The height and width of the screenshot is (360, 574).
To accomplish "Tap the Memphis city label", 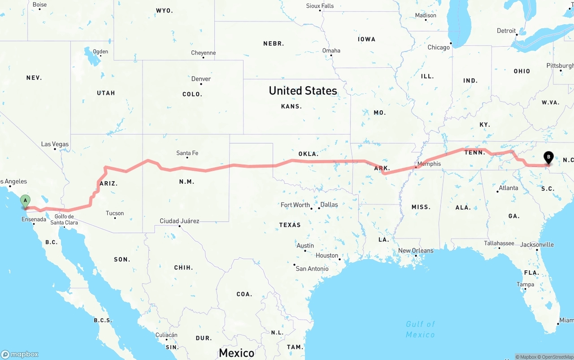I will (x=429, y=164).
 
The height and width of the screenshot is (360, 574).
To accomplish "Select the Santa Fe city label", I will (x=187, y=153).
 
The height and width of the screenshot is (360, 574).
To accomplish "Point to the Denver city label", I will (x=201, y=79).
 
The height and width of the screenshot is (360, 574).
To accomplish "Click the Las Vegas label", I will (x=55, y=144).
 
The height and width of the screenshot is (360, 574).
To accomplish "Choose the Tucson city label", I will (x=115, y=213).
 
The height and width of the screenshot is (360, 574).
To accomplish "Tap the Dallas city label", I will (x=329, y=204).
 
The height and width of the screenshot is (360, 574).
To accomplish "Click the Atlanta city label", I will (x=509, y=188).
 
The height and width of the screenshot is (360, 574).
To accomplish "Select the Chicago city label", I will (x=438, y=48).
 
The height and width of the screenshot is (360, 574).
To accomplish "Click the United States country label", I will (x=303, y=91).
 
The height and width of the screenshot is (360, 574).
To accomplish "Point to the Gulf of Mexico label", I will (x=420, y=329).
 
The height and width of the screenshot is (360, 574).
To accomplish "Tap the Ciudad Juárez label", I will (x=179, y=221).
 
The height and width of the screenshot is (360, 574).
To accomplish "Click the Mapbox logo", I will (x=20, y=354).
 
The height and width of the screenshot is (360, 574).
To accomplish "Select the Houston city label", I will (x=326, y=256).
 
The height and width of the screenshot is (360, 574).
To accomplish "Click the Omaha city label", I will (x=331, y=51).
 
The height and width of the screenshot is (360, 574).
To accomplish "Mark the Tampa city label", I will (x=525, y=285).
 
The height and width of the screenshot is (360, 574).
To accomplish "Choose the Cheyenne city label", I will (x=203, y=53).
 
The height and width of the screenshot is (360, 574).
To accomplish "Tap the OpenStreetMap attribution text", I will (x=557, y=357).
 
